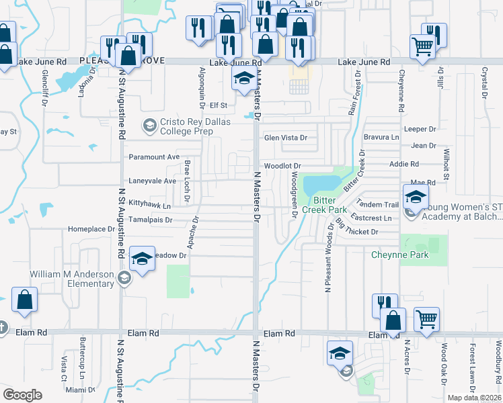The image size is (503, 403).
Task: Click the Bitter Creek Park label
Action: [328, 205]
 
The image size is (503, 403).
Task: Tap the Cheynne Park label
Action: [400, 255]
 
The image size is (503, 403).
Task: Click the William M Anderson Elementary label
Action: [72, 279]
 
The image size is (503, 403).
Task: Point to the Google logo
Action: [22, 395]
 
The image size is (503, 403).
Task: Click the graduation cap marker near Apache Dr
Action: [142, 259]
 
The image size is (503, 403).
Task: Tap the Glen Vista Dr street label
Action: [285, 138]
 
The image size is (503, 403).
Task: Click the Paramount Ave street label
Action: [154, 156]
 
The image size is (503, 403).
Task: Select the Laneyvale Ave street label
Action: [152, 181]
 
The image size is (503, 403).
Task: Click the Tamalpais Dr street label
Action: [151, 220]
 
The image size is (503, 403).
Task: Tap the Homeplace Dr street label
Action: [91, 229]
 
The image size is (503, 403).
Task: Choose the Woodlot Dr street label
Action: [281, 165]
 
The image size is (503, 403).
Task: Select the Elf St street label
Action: [219, 105]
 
